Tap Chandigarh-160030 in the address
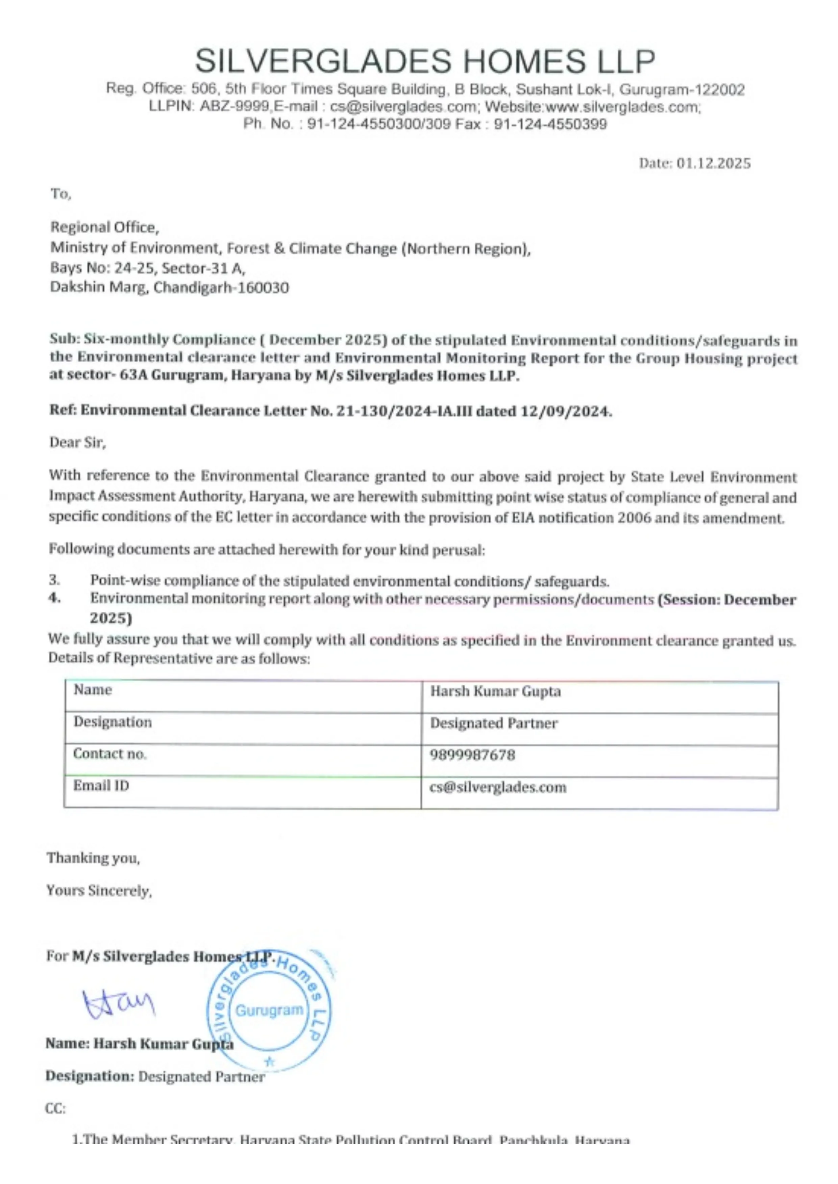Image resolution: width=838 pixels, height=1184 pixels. click(x=221, y=287)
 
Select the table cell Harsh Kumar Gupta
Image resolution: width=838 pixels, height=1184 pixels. click(x=495, y=691)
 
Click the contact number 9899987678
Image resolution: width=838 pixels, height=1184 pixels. click(x=472, y=755)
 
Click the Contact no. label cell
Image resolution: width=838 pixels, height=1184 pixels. click(x=110, y=754)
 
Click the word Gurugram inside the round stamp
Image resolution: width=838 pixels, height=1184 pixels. click(x=269, y=1010)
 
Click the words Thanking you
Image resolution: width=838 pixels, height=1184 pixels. click(x=93, y=858)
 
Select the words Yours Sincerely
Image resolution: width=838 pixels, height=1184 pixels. click(x=99, y=891)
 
